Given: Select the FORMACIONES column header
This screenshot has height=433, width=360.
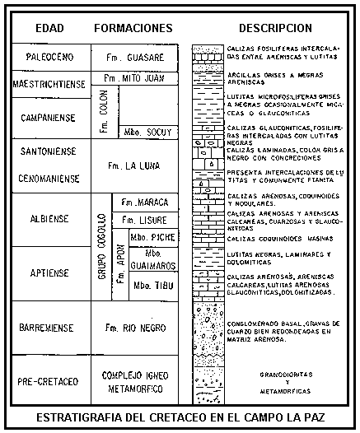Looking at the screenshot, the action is tap(133, 27).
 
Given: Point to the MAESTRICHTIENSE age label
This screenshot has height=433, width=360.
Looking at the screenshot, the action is tap(49, 82).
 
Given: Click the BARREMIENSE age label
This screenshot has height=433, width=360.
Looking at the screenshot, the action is tap(49, 328).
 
